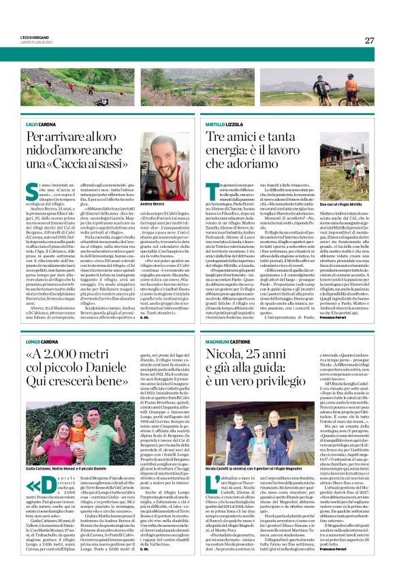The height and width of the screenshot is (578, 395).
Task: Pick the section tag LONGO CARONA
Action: pyautogui.click(x=43, y=340)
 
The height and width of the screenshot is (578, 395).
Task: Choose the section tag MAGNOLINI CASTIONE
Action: pyautogui.click(x=230, y=340)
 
